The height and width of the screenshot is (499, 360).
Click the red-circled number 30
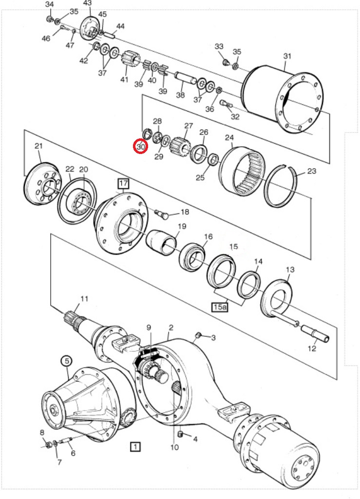tap(141, 147)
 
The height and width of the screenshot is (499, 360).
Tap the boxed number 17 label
tap(123, 184)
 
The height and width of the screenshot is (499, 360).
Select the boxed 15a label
tap(220, 307)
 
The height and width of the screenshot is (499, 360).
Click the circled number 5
tap(67, 361)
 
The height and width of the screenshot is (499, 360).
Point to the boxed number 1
tap(135, 446)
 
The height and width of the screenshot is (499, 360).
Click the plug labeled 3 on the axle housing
tap(198, 335)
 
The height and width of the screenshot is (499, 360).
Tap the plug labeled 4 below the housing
tap(181, 434)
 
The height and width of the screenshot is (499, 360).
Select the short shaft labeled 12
tap(315, 334)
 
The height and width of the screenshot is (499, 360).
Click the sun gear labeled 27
tap(180, 146)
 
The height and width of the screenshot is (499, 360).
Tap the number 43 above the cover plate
tap(87, 3)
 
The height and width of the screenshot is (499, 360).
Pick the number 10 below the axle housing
tap(174, 447)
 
